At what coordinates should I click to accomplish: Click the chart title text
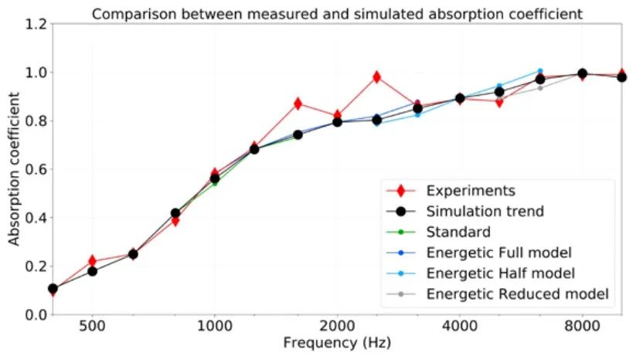[x=337, y=14]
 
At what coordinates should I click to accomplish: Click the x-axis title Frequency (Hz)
[x=337, y=343]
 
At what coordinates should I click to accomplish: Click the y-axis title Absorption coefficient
[x=14, y=169]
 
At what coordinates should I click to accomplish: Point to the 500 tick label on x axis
[x=92, y=326]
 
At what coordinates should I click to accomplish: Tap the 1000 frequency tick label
[x=214, y=326]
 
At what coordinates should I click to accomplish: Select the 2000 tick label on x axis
[x=337, y=326]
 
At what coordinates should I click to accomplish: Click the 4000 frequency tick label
[x=459, y=326]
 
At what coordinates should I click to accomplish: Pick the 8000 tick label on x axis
[x=582, y=326]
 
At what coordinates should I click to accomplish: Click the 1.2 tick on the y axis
[x=36, y=24]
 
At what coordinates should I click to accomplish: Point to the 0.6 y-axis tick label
[x=36, y=169]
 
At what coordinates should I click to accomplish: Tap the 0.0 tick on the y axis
[x=36, y=314]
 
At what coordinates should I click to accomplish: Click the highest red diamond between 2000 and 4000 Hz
[x=376, y=77]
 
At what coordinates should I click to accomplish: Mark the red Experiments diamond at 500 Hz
[x=93, y=260]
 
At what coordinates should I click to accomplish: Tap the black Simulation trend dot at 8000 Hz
[x=582, y=73]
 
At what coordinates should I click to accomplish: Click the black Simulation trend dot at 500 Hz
[x=93, y=271]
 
